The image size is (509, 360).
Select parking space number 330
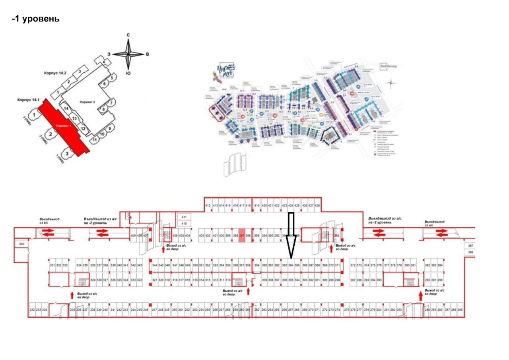click(21, 244)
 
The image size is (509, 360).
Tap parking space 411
click(184, 217)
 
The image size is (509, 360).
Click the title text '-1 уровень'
click(36, 19)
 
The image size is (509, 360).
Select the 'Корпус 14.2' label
click(56, 74)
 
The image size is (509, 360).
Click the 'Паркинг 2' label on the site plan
click(89, 102)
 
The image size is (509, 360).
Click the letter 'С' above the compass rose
click(128, 35)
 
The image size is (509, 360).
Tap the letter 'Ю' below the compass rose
click(128, 74)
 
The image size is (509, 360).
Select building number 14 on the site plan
click(66, 108)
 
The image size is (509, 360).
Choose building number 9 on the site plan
click(110, 128)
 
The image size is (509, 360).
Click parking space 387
click(471, 246)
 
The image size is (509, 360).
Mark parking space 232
click(32, 310)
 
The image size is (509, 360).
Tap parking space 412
click(208, 205)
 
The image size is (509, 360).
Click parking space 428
click(317, 205)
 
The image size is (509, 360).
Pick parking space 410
click(184, 224)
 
